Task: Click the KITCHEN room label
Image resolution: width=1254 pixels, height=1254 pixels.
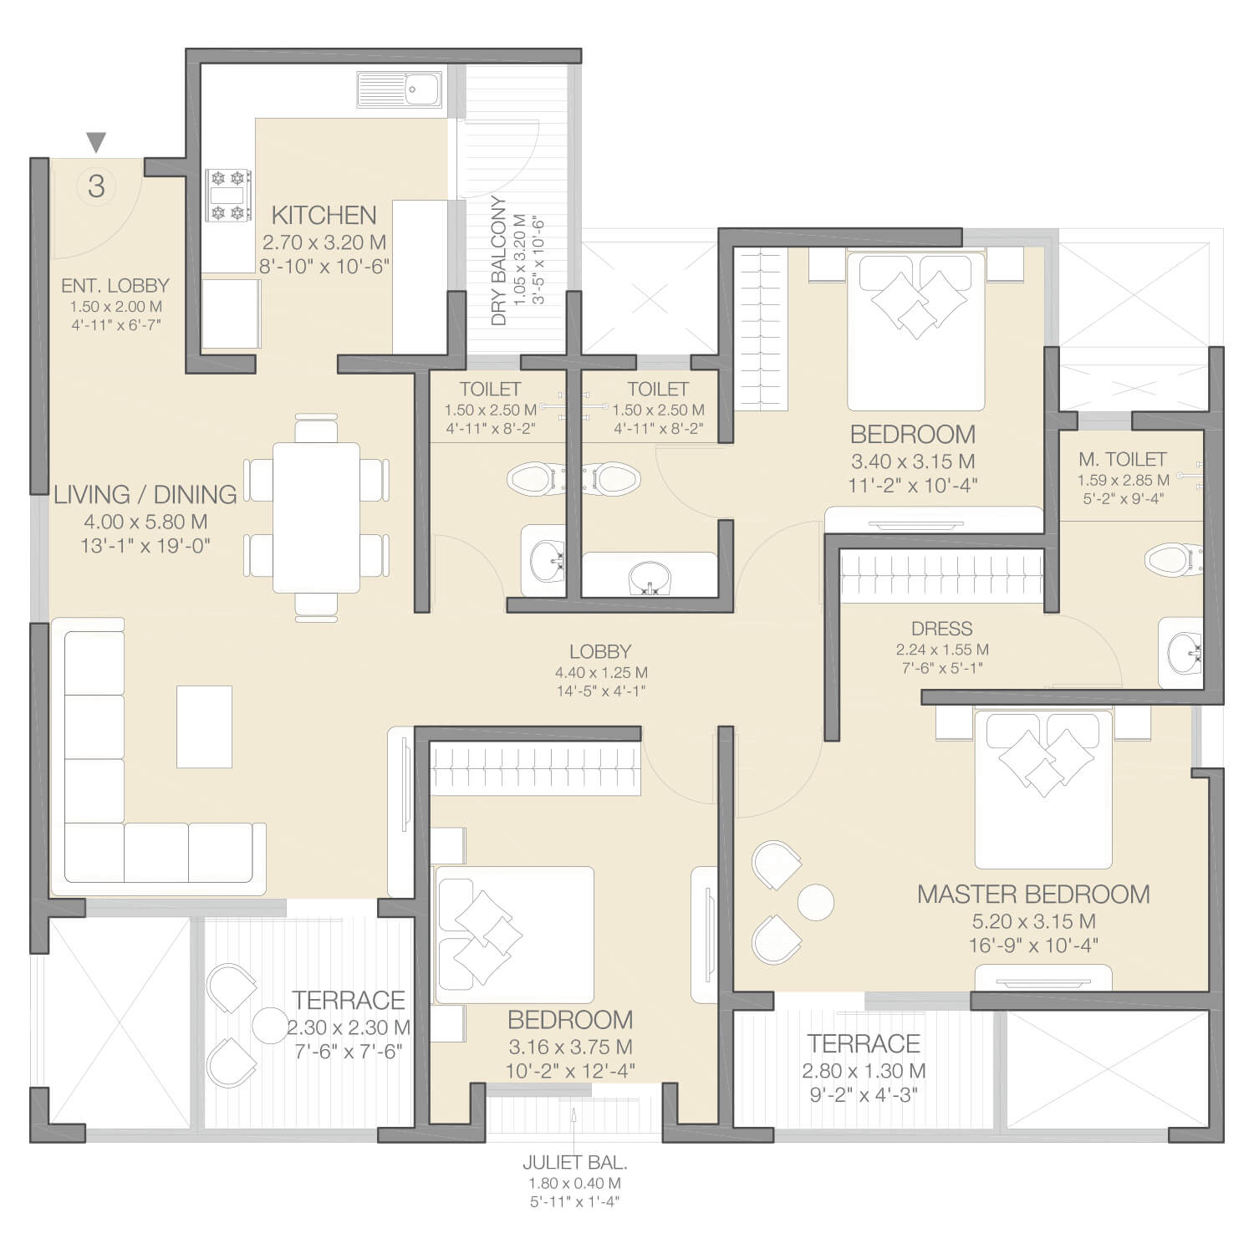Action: [x=324, y=215]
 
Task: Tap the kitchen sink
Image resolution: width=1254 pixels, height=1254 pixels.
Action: [x=400, y=89]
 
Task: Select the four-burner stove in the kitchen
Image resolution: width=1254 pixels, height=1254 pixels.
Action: [x=229, y=196]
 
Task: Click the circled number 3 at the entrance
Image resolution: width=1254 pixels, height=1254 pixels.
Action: [x=96, y=186]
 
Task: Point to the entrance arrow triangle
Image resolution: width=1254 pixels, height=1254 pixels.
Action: [x=97, y=142]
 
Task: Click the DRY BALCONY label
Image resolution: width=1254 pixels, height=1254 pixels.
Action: [x=499, y=261]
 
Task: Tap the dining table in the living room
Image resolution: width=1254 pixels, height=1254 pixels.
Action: [x=317, y=517]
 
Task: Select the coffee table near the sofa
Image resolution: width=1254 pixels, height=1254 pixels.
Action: [x=204, y=726]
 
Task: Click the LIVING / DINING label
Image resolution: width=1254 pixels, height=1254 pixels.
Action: [x=145, y=494]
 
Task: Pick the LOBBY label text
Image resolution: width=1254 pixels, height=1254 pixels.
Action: [x=600, y=651]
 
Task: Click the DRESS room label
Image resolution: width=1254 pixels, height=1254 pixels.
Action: [x=942, y=629]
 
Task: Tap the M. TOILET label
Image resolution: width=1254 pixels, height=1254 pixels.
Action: [x=1122, y=459]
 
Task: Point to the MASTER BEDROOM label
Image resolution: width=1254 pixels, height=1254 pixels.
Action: [x=1033, y=894]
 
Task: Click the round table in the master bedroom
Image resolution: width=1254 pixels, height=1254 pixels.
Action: [x=815, y=902]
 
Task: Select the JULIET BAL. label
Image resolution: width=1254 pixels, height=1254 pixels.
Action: [x=575, y=1162]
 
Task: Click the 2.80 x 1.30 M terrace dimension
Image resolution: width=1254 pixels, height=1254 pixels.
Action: [x=864, y=1071]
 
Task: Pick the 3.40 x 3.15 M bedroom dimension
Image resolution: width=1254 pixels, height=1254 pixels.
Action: [x=913, y=461]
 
